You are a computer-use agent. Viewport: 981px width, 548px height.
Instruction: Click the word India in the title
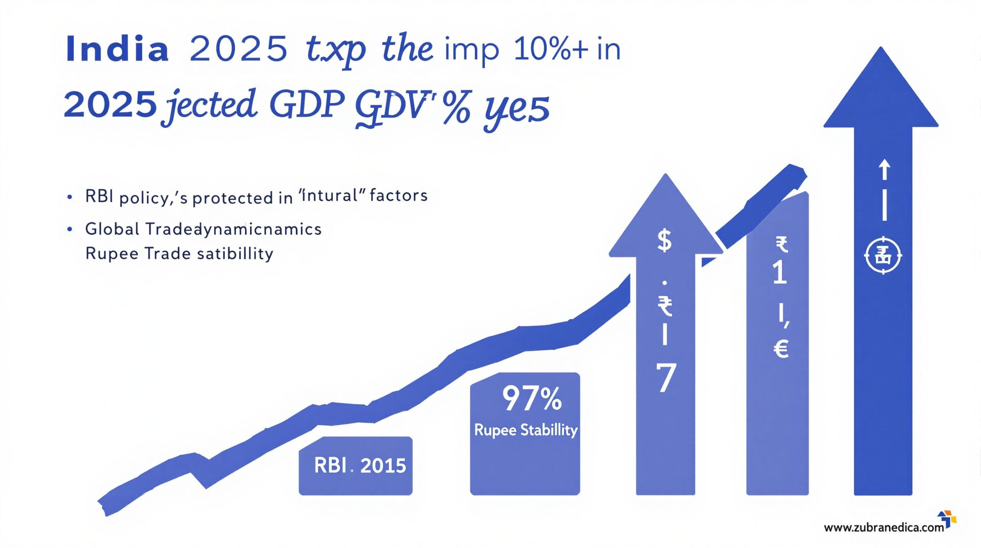pyautogui.click(x=117, y=49)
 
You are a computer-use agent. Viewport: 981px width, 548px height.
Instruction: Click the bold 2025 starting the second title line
pyautogui.click(x=110, y=104)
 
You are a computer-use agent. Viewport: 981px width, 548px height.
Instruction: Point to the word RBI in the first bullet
pyautogui.click(x=99, y=196)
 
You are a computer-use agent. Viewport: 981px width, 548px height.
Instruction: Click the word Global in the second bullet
pyautogui.click(x=112, y=229)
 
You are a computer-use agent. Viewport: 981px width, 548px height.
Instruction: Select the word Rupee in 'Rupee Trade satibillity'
pyautogui.click(x=112, y=254)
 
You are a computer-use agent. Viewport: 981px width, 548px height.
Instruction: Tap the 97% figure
pyautogui.click(x=532, y=399)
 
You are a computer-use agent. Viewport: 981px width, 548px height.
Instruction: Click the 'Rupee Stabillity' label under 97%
pyautogui.click(x=526, y=430)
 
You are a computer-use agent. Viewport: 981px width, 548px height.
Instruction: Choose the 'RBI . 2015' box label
pyautogui.click(x=359, y=466)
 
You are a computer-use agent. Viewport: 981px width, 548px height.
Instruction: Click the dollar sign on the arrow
pyautogui.click(x=664, y=240)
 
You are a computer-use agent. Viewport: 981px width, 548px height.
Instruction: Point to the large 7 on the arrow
pyautogui.click(x=666, y=378)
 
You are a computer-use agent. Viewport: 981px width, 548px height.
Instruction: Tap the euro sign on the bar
pyautogui.click(x=781, y=349)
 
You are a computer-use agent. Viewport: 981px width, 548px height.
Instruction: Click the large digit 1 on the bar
pyautogui.click(x=780, y=273)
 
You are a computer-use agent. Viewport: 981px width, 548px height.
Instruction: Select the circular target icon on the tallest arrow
pyautogui.click(x=883, y=255)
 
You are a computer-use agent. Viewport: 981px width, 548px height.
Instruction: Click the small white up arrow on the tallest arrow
pyautogui.click(x=884, y=170)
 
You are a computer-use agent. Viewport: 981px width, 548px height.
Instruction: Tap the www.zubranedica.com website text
pyautogui.click(x=884, y=528)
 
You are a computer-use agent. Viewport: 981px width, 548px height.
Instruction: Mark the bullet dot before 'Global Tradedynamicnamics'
pyautogui.click(x=69, y=229)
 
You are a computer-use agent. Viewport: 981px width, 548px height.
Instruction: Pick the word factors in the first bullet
pyautogui.click(x=399, y=196)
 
